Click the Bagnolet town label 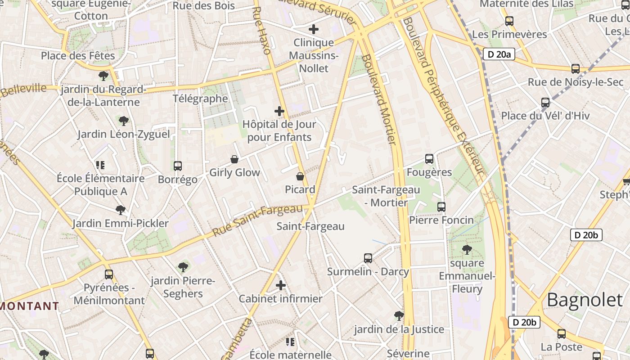tap(585, 300)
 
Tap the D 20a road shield tap(499, 54)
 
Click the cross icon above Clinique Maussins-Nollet tap(314, 30)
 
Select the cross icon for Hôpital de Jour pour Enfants tap(279, 111)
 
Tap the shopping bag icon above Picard tap(300, 176)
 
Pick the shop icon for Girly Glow tap(234, 159)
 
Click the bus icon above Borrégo tap(178, 166)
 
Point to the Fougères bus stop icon tap(429, 159)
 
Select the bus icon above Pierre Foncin tap(441, 207)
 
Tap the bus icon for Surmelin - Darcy tap(368, 258)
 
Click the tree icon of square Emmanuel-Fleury tap(467, 249)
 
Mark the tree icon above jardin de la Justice tap(399, 316)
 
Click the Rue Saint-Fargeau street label tap(257, 220)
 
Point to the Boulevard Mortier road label tap(379, 100)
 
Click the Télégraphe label tap(200, 99)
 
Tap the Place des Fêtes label tap(78, 56)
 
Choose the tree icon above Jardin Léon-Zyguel tap(124, 121)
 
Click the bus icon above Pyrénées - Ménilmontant tap(109, 274)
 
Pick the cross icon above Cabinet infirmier tap(281, 285)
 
